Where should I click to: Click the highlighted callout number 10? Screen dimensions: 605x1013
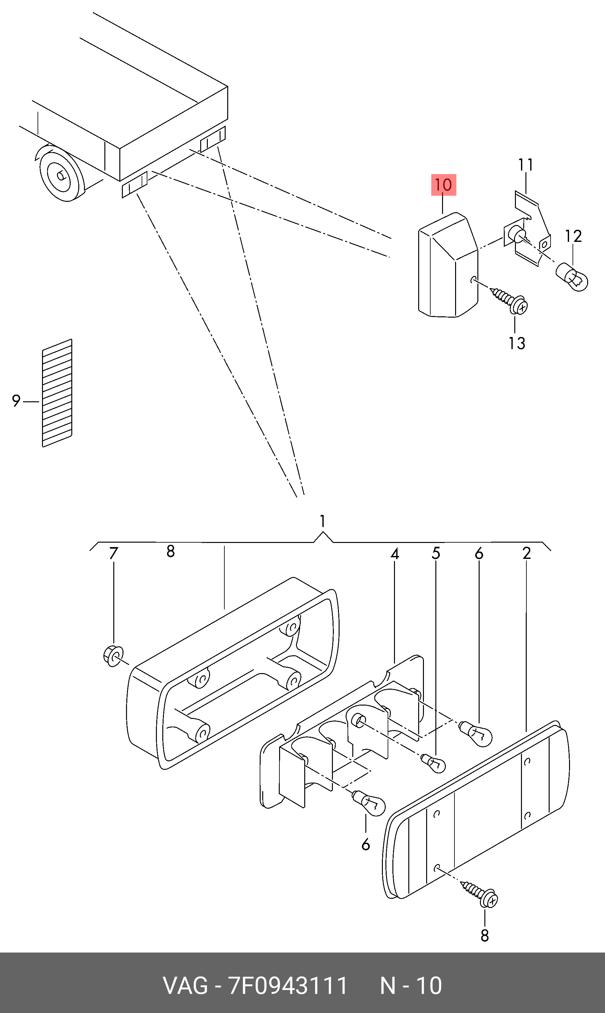click(444, 185)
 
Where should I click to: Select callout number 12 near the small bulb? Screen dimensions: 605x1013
click(573, 236)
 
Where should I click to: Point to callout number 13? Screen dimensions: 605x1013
click(517, 343)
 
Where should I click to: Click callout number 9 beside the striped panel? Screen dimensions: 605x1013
click(16, 401)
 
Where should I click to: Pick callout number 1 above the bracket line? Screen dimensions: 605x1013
click(322, 521)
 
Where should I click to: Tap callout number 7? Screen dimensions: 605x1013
click(113, 553)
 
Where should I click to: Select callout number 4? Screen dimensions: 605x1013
click(394, 553)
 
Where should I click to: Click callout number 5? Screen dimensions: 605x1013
click(436, 553)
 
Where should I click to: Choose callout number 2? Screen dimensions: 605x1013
click(526, 553)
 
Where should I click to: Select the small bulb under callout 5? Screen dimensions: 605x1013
click(433, 763)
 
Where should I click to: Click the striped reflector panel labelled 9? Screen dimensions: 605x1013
click(57, 393)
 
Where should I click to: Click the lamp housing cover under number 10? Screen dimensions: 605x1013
click(448, 265)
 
